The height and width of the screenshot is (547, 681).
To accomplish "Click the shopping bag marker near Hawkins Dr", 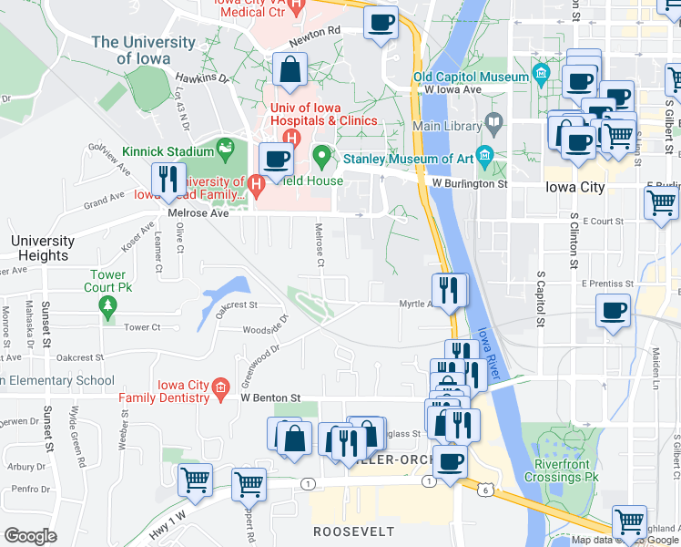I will [x=290, y=71].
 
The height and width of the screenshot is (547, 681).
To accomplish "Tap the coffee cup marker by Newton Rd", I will [x=381, y=22].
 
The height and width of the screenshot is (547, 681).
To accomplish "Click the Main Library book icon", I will [x=494, y=119].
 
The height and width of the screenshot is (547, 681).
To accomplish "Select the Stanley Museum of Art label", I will [x=408, y=159].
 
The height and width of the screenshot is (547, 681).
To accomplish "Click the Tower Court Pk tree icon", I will [x=107, y=304].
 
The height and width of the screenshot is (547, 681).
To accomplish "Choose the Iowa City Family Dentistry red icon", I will [x=220, y=390].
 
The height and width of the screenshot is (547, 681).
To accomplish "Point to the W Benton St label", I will [x=270, y=397].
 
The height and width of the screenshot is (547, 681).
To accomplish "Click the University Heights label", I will [x=43, y=248].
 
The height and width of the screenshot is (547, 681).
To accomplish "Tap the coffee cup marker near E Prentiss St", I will [x=614, y=310].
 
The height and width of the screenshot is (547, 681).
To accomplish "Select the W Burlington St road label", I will [x=469, y=183].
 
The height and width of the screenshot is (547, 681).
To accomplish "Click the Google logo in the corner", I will [x=30, y=536].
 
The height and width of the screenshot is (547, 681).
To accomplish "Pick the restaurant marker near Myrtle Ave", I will [x=450, y=290].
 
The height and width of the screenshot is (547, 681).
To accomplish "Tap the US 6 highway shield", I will [x=485, y=490].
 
